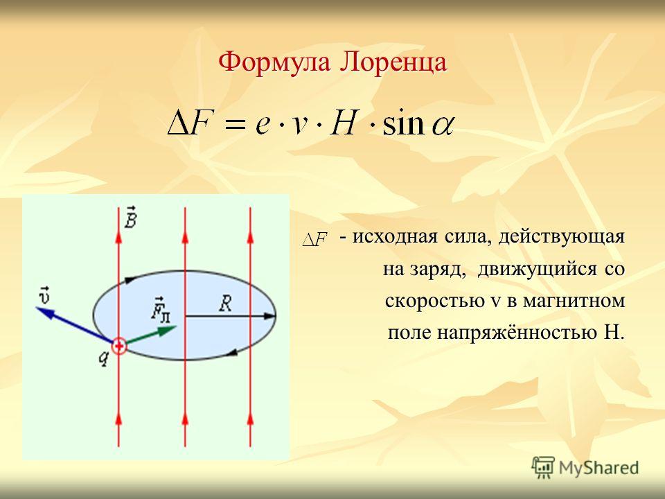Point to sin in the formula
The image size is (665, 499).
pyautogui.click(x=403, y=123)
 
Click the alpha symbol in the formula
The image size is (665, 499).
pyautogui.click(x=443, y=126)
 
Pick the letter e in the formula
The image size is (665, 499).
pyautogui.click(x=263, y=126)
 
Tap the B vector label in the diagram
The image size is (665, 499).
pyautogui.click(x=131, y=217)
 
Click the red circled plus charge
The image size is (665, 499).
pyautogui.click(x=119, y=347)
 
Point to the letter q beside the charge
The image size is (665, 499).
pyautogui.click(x=104, y=358)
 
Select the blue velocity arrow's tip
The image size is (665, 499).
pyautogui.click(x=37, y=308)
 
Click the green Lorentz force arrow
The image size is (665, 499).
pyautogui.click(x=151, y=335)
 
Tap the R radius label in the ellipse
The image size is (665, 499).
pyautogui.click(x=225, y=304)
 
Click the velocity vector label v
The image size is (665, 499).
pyautogui.click(x=44, y=295)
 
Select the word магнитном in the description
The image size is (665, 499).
pyautogui.click(x=574, y=301)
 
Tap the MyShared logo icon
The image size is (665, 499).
pyautogui.click(x=543, y=468)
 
